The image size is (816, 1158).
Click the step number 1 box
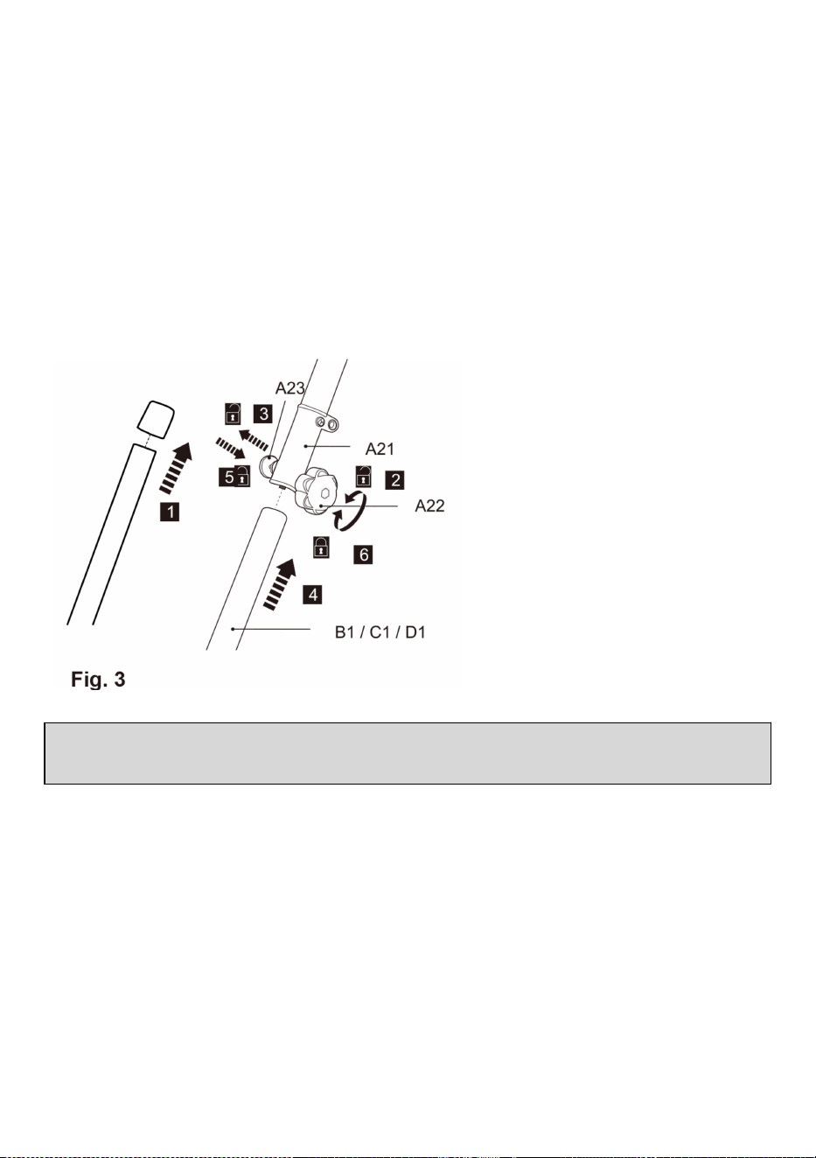170,513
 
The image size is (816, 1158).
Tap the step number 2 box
395,480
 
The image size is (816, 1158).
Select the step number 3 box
263,414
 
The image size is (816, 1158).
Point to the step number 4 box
313,595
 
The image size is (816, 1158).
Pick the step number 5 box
228,477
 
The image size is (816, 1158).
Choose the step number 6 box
363,555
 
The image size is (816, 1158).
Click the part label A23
289,387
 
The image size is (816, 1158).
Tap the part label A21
380,449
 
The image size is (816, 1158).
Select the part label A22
429,506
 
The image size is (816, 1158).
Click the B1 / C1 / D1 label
380,632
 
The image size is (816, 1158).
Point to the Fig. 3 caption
98,680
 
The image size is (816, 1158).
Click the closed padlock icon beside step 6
321,547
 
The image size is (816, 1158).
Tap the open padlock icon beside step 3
233,413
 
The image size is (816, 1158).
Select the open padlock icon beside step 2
364,476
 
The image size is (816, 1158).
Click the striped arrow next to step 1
176,468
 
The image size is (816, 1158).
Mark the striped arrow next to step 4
280,584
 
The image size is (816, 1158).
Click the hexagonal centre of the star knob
325,492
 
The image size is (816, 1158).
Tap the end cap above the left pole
156,419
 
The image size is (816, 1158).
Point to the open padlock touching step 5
242,476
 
